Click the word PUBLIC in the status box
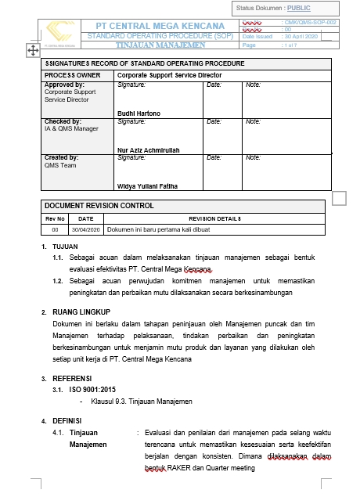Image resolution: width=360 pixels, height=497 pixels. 298,8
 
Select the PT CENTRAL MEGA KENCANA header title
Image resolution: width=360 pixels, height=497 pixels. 160,26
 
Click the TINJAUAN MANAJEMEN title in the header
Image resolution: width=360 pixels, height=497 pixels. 160,45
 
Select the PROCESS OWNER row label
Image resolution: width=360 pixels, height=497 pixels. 70,75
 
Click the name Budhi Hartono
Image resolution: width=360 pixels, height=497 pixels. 138,113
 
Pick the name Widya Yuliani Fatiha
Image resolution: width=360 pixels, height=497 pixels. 147,185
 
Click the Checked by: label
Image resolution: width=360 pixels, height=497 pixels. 63,121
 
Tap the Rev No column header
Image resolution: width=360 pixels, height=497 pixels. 55,218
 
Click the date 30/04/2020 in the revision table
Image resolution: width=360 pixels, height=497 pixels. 86,230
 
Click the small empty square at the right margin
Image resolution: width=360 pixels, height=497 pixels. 339,199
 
